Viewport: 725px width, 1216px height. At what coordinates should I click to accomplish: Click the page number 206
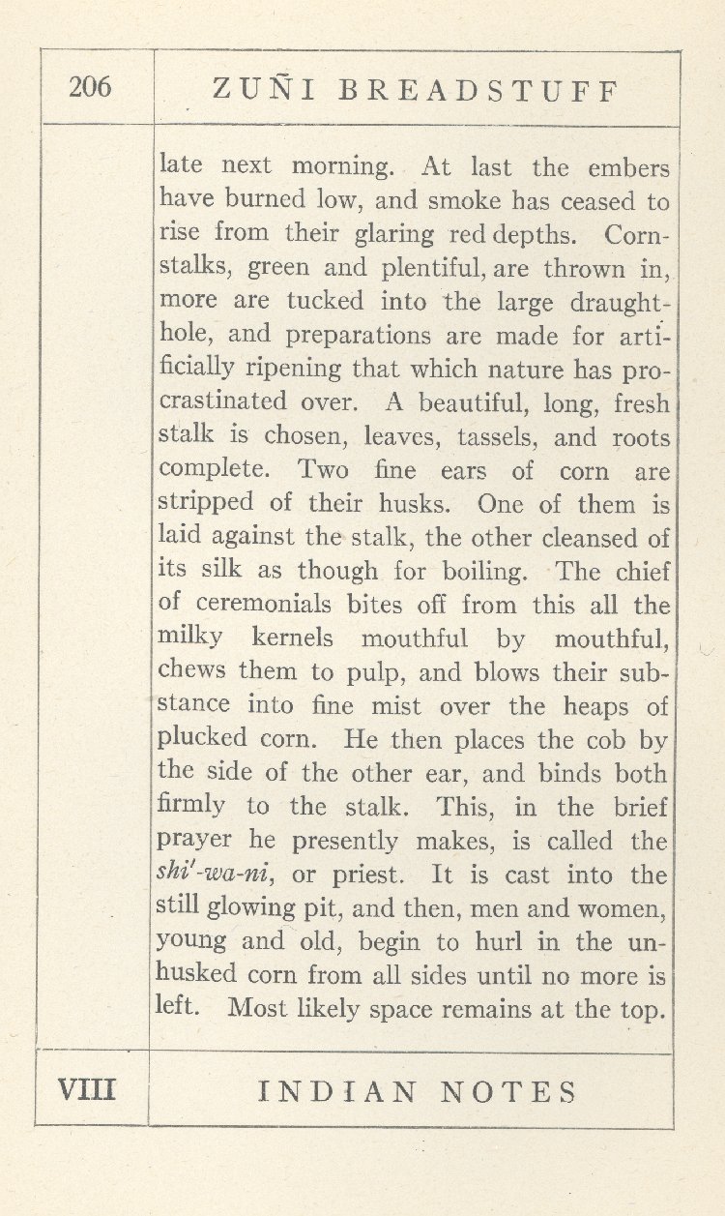(x=90, y=87)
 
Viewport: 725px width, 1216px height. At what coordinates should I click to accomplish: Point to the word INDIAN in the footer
(x=337, y=1092)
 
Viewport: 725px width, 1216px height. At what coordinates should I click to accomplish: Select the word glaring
(x=391, y=234)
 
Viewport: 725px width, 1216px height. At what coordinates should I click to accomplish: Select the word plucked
(x=202, y=739)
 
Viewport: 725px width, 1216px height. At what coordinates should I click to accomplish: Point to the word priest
(x=368, y=876)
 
